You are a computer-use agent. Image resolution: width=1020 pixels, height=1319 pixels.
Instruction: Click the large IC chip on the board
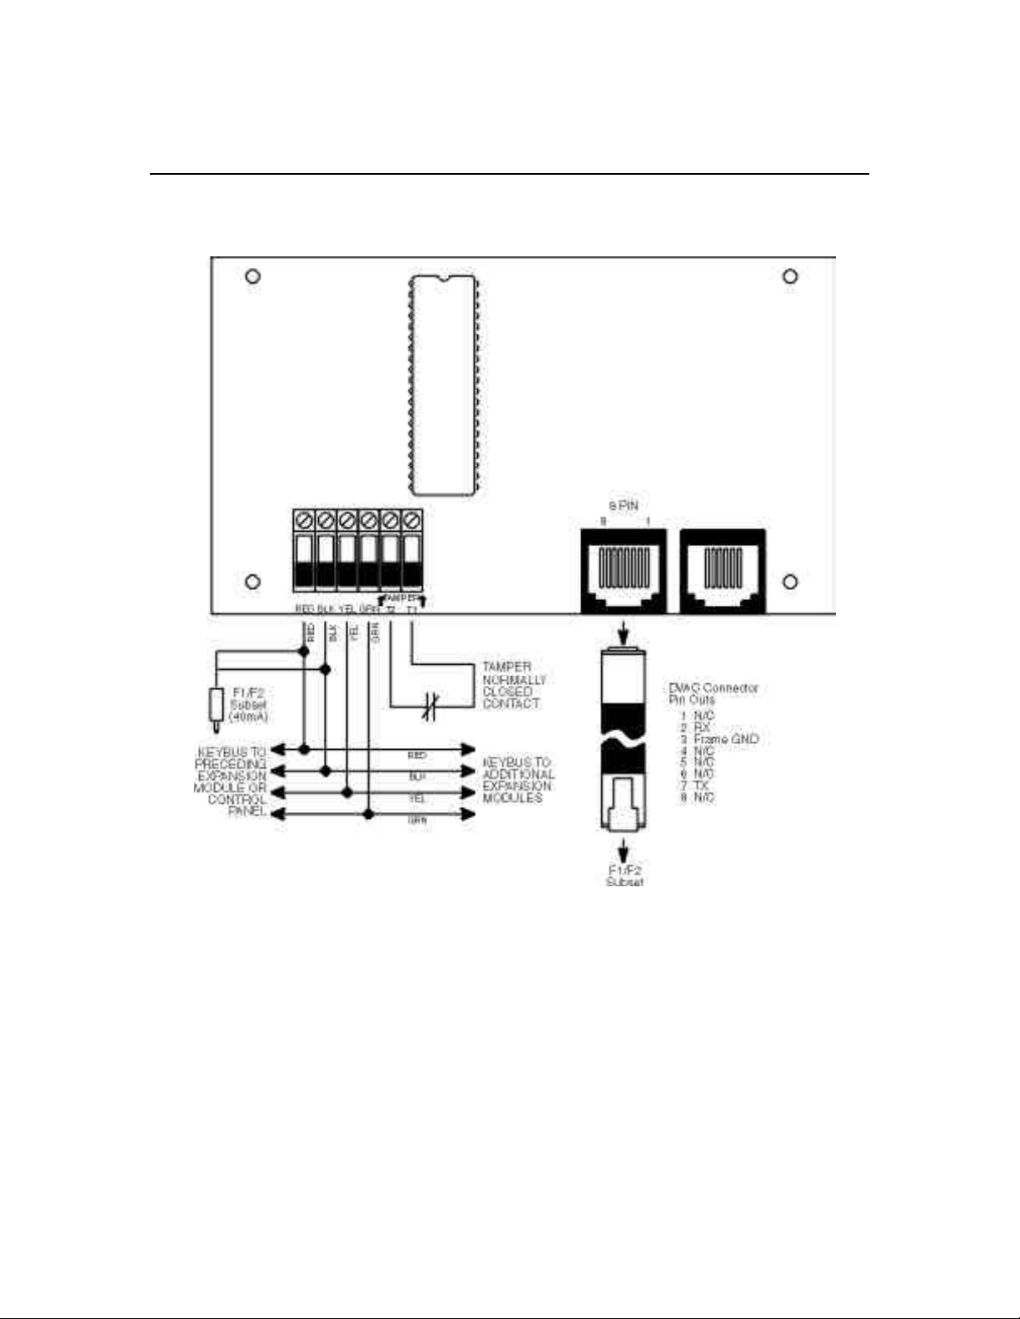[443, 385]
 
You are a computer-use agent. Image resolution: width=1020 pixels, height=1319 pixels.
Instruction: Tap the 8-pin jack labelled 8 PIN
[624, 570]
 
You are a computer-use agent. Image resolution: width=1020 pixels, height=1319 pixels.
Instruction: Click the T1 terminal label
[411, 610]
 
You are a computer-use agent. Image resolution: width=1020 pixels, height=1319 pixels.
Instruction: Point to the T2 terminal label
[390, 610]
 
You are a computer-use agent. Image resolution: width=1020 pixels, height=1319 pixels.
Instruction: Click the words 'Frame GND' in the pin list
[725, 739]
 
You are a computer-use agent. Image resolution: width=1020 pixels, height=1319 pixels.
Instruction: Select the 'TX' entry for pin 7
[700, 786]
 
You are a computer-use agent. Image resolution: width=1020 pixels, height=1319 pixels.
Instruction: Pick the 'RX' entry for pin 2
[702, 727]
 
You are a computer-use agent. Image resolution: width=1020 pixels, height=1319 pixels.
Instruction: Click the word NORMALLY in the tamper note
[514, 680]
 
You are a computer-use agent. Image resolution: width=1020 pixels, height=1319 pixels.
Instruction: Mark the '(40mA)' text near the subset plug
[247, 717]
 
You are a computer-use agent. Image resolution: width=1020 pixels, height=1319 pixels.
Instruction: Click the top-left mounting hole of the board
[253, 276]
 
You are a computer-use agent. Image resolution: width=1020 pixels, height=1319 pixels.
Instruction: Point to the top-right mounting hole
[790, 276]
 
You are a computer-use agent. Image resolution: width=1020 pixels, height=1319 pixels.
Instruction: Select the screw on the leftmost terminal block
[304, 520]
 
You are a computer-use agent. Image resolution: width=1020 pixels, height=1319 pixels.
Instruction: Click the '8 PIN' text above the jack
[624, 506]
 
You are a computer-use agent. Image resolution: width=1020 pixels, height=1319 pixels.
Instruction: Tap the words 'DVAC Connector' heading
[714, 688]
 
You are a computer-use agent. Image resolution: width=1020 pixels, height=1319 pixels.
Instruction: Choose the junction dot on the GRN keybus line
[368, 814]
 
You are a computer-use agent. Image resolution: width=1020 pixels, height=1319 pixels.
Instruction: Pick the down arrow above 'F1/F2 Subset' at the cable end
[624, 850]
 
